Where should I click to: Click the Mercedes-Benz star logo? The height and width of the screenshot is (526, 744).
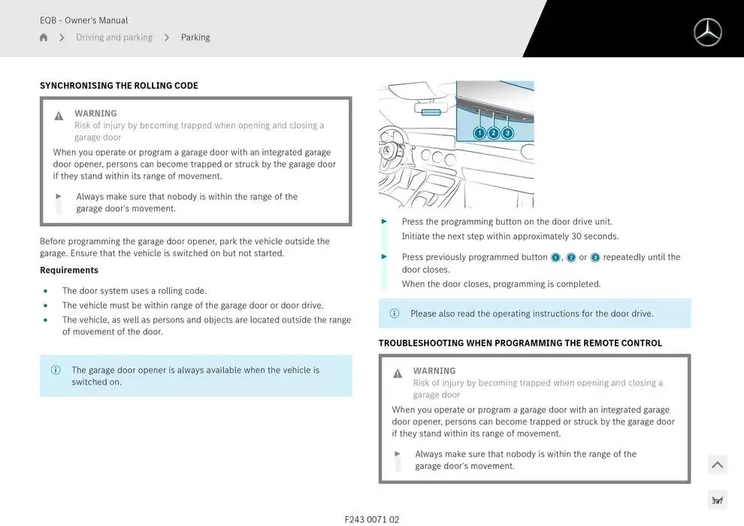coord(707,32)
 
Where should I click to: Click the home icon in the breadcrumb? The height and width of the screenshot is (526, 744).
coord(44,38)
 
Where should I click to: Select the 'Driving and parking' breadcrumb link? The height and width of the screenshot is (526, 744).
coord(114,38)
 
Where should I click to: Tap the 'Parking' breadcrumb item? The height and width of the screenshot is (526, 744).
coord(195,38)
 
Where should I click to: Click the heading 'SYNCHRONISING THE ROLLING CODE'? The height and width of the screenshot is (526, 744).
coord(119,86)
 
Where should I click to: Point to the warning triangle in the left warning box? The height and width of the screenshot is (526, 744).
coord(59,116)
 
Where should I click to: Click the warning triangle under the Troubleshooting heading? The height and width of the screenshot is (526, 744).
coord(398,373)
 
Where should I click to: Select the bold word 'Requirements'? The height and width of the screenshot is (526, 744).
coord(69,271)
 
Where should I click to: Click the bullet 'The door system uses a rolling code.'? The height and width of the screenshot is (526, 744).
coord(134,291)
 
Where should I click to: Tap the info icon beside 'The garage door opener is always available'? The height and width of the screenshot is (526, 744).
coord(56,370)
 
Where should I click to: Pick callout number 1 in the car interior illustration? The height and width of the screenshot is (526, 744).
coord(479,133)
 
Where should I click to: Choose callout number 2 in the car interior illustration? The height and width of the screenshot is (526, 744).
coord(494,133)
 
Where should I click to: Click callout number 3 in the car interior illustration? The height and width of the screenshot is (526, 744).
coord(507,133)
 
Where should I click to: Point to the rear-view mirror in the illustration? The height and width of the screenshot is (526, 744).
coord(431,112)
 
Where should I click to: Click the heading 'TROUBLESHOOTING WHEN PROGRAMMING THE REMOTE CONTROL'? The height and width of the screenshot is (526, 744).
coord(520,343)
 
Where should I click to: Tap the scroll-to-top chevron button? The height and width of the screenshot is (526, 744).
coord(718,465)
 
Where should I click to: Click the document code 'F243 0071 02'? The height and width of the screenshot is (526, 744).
coord(372,519)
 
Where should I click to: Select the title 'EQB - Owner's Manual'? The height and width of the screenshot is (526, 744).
coord(83,20)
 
